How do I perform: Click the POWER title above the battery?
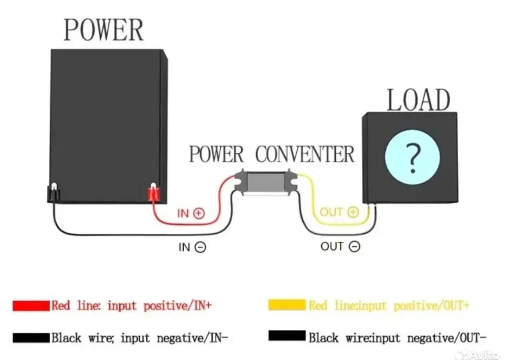point(103,30)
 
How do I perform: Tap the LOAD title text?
point(418,100)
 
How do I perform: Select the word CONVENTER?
point(305,154)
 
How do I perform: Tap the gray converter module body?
point(266,182)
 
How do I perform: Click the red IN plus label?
point(191,213)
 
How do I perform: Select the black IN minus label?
point(192,247)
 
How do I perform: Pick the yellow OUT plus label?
point(339,212)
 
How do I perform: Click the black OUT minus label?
point(340,246)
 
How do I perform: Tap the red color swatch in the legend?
point(31,306)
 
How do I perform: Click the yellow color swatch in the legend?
point(287,305)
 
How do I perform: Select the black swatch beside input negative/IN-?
point(31,338)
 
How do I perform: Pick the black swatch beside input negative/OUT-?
point(287,336)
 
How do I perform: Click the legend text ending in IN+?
point(132,306)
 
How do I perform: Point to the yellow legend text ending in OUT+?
point(389,306)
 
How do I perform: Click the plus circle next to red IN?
point(199,213)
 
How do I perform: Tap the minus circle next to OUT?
point(355,246)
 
